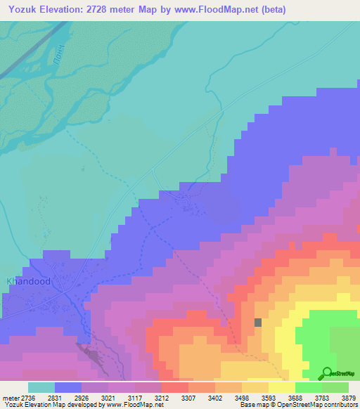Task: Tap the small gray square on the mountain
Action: click(x=258, y=322)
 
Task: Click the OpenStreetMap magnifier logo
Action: click(x=327, y=372)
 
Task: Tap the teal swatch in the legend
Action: click(x=41, y=387)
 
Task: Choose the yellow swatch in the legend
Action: click(x=282, y=387)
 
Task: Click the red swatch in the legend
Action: click(x=175, y=387)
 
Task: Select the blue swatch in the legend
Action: click(x=68, y=387)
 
